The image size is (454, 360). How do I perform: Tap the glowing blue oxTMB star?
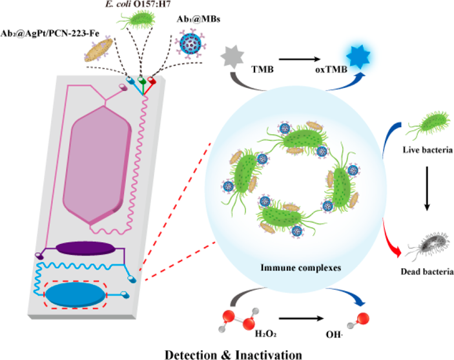click(358, 57)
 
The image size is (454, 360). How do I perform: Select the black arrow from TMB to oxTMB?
click(300, 59)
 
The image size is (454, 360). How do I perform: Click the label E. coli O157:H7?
click(138, 4)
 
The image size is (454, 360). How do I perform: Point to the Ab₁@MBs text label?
click(199, 19)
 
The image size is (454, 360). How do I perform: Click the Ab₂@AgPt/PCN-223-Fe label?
click(50, 34)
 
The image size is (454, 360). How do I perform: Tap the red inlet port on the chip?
click(151, 80)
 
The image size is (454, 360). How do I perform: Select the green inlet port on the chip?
click(141, 80)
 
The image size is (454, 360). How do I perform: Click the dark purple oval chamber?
click(85, 248)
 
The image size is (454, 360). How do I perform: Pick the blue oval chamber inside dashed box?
click(76, 295)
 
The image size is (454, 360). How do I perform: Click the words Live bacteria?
click(428, 150)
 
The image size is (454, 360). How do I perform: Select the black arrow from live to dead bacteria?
click(427, 188)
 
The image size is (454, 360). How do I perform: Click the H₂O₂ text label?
click(265, 334)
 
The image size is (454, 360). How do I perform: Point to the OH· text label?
click(335, 335)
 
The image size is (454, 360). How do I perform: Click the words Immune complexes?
click(301, 268)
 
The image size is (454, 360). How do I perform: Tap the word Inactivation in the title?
click(269, 355)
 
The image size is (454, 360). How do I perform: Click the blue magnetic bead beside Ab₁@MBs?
click(191, 44)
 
